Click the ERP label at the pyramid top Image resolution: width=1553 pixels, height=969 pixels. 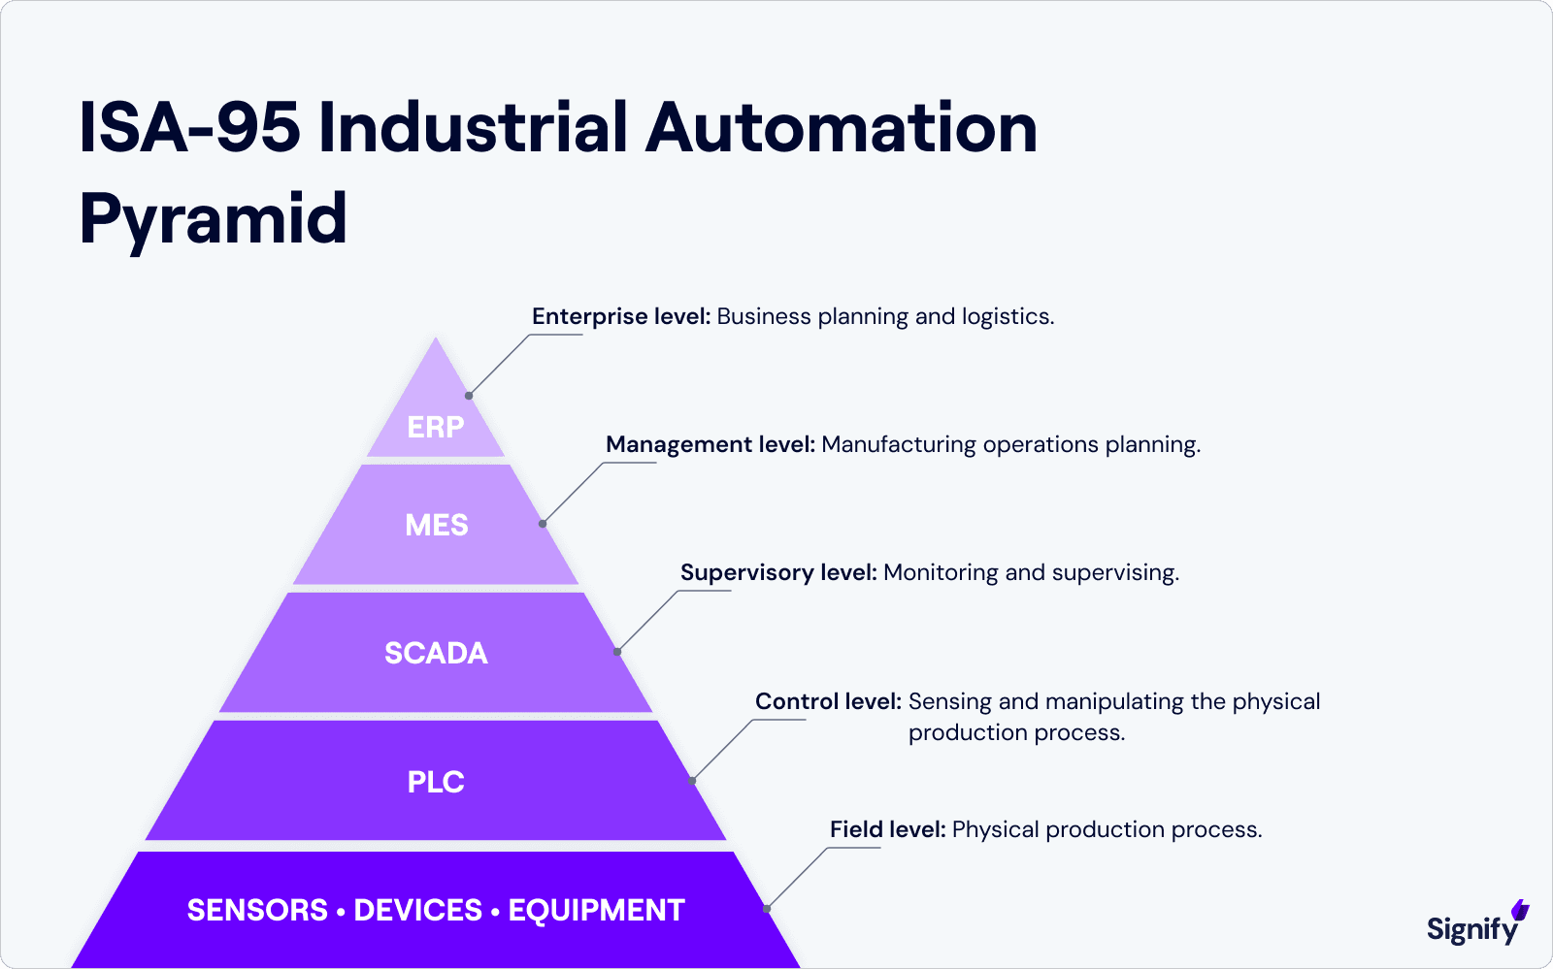(436, 427)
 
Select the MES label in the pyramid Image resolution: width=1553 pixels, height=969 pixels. (437, 525)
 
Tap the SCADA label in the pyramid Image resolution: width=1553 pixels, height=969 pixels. (436, 653)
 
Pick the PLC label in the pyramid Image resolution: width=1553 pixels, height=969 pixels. (436, 782)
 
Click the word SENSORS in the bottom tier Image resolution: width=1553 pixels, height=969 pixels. (257, 910)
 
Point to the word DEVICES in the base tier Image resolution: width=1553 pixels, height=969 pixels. (417, 910)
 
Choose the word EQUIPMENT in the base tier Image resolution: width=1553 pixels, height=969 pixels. (596, 910)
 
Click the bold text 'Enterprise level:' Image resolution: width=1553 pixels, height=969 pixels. (621, 316)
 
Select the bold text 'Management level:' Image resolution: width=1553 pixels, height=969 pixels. (710, 444)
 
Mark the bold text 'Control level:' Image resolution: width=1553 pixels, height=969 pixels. (828, 701)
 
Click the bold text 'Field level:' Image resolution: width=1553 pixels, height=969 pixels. (887, 829)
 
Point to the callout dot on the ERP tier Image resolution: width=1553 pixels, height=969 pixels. (469, 396)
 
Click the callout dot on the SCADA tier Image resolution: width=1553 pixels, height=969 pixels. (617, 652)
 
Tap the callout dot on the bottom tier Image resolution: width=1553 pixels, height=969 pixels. (767, 909)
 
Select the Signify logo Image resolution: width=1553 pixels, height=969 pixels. (1476, 926)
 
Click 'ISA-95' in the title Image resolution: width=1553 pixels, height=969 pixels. (189, 128)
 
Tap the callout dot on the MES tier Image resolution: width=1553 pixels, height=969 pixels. (543, 524)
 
